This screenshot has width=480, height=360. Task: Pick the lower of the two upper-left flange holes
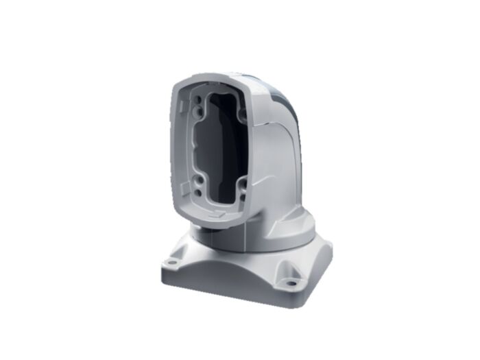(198, 110)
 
